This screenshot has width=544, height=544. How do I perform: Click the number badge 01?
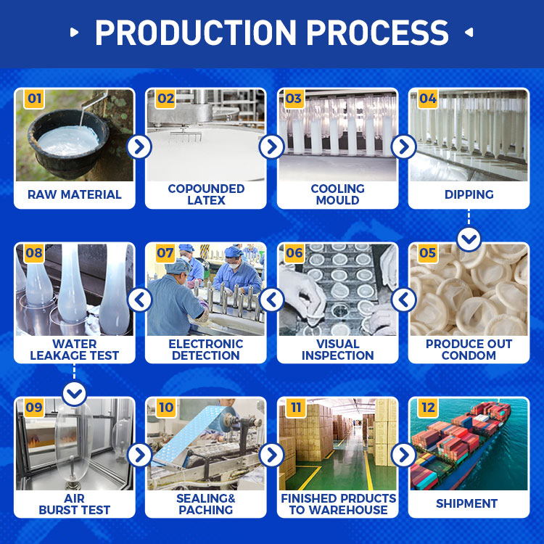(x=34, y=99)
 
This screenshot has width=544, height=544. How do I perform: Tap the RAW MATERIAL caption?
(x=75, y=194)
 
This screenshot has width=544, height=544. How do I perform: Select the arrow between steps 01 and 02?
(x=139, y=147)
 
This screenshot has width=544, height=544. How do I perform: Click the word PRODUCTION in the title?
(x=196, y=33)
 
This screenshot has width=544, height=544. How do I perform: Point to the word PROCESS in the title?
(x=377, y=33)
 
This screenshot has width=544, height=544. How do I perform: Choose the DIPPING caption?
(x=469, y=194)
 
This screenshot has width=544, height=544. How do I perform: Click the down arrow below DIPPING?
(x=469, y=239)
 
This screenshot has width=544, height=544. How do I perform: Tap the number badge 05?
(x=427, y=253)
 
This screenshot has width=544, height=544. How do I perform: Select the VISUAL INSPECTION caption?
(x=337, y=350)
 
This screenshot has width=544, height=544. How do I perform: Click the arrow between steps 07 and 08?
(x=140, y=300)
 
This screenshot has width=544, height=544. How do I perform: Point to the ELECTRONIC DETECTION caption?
(x=206, y=350)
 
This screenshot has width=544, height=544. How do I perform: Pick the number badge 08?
(x=34, y=253)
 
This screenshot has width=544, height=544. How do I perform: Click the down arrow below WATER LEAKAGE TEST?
(x=75, y=394)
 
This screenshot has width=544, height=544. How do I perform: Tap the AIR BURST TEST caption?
(x=74, y=504)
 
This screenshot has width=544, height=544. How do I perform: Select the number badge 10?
(x=166, y=408)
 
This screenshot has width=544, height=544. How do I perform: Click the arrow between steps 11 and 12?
(x=403, y=455)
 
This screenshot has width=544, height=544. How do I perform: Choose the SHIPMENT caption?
(x=467, y=503)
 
